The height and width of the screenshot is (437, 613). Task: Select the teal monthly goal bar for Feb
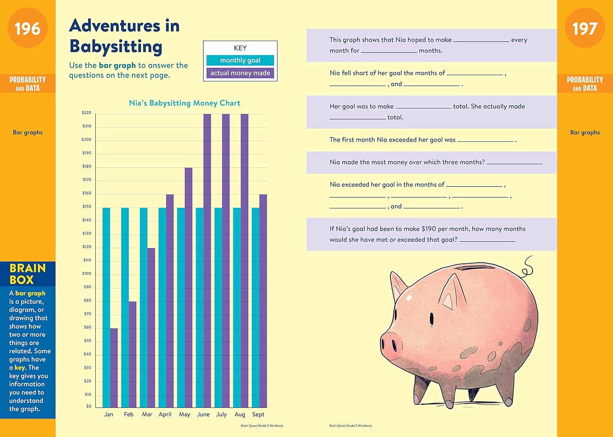pyautogui.click(x=125, y=307)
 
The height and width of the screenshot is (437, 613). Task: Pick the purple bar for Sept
pyautogui.click(x=263, y=301)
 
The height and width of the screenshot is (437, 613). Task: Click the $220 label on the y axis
pyautogui.click(x=87, y=113)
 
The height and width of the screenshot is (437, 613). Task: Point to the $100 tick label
pyautogui.click(x=87, y=274)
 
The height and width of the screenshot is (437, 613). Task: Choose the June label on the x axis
pyautogui.click(x=203, y=414)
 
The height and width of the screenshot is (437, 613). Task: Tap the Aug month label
pyautogui.click(x=240, y=414)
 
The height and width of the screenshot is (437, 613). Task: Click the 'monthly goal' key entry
pyautogui.click(x=240, y=61)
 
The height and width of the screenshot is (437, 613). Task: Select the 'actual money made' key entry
pyautogui.click(x=240, y=73)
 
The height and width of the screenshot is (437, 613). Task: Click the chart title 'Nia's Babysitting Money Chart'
pyautogui.click(x=185, y=103)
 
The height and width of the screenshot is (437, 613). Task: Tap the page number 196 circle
pyautogui.click(x=28, y=29)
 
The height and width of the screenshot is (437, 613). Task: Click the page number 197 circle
pyautogui.click(x=585, y=29)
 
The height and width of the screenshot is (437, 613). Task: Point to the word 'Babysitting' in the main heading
pyautogui.click(x=116, y=47)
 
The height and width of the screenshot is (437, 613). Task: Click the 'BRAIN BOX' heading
pyautogui.click(x=27, y=274)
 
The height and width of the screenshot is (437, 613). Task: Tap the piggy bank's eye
pyautogui.click(x=432, y=317)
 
